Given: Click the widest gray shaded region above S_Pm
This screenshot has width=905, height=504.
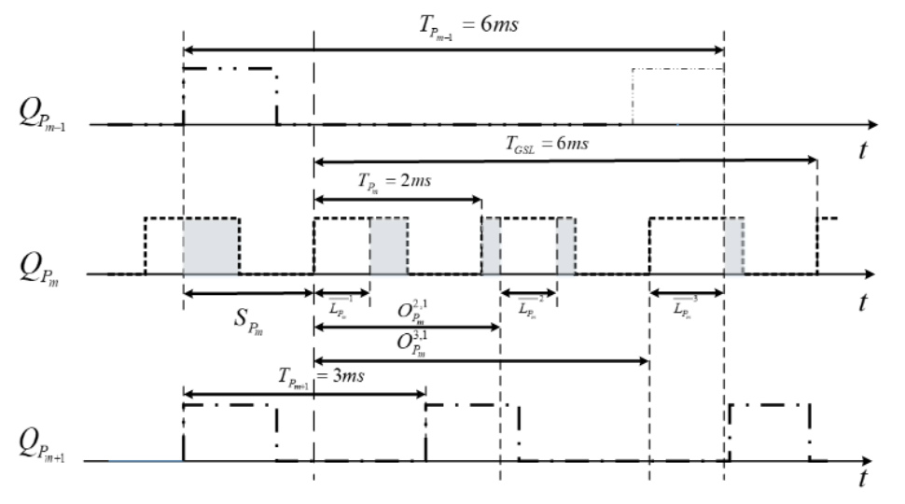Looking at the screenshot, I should [x=211, y=246].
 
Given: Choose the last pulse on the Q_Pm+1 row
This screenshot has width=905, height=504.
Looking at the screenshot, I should [x=770, y=431].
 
